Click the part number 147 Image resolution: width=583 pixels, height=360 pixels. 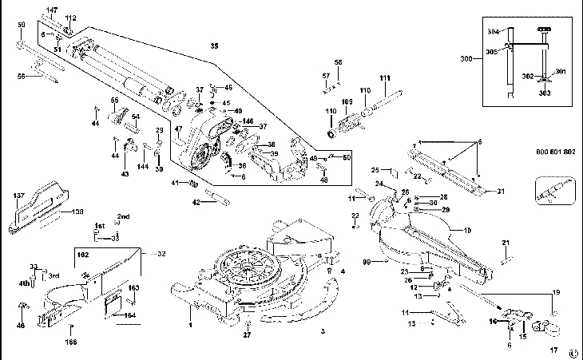click(x=52, y=9)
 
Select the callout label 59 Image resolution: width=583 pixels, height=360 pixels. click(x=22, y=26)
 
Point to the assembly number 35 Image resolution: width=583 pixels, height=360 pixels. click(x=213, y=46)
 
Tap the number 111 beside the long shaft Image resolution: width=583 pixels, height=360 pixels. click(x=385, y=77)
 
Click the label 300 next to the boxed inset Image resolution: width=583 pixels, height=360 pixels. click(x=466, y=60)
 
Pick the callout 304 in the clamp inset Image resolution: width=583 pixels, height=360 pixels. click(x=492, y=31)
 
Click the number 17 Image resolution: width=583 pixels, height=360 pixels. click(x=553, y=350)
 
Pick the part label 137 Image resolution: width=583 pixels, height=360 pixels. click(x=19, y=195)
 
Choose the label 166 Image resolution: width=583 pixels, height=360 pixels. click(x=72, y=342)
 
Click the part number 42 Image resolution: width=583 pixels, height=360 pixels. click(x=196, y=203)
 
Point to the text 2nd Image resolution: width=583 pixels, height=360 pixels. click(x=124, y=216)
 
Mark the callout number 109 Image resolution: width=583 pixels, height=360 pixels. click(x=347, y=102)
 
